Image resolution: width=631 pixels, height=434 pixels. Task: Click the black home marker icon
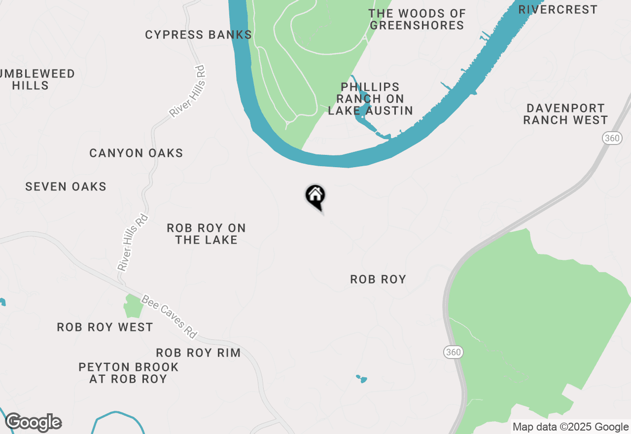click(x=315, y=196)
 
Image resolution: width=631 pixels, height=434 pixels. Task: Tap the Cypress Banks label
click(x=198, y=35)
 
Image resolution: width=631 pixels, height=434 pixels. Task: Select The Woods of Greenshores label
click(x=417, y=20)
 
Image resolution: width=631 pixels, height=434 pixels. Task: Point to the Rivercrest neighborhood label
click(x=558, y=10)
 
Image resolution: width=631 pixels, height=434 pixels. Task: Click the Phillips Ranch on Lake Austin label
click(x=370, y=99)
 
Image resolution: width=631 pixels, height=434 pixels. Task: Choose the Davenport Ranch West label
click(x=565, y=114)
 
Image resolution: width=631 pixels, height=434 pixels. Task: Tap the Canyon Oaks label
click(x=136, y=153)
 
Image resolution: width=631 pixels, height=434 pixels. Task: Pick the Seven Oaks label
click(x=66, y=187)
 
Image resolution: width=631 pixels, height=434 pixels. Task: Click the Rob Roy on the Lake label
click(x=206, y=234)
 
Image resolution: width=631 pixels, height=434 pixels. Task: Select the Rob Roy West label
click(x=105, y=327)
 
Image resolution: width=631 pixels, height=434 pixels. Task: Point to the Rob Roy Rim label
click(x=198, y=353)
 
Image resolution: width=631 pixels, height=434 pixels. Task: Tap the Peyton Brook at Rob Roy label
click(x=128, y=373)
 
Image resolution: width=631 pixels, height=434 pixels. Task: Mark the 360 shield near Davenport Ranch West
click(x=612, y=139)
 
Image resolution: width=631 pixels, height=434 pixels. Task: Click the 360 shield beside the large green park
click(x=453, y=352)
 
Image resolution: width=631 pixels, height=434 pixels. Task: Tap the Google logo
click(x=33, y=423)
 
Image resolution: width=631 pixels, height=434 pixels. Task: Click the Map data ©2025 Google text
click(x=570, y=427)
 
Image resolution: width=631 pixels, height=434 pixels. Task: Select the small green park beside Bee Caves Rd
click(x=133, y=306)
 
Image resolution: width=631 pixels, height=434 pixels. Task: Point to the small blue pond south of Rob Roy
click(x=362, y=379)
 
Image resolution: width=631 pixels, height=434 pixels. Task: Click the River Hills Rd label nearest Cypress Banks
click(x=187, y=92)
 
